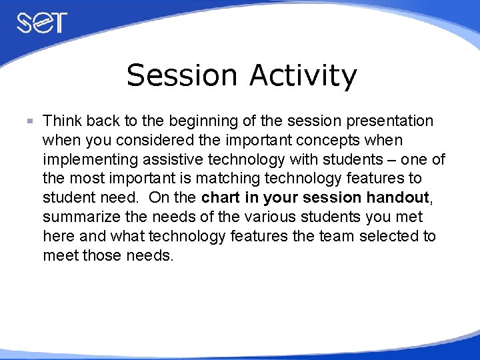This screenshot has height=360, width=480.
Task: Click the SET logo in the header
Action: [x=41, y=22]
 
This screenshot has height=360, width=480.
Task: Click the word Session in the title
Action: [x=182, y=75]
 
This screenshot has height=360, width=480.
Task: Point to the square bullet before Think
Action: [x=29, y=121]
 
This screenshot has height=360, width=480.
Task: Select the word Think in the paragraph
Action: [x=61, y=121]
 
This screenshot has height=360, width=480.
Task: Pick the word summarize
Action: [x=78, y=217]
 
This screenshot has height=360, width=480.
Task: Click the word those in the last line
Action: [x=102, y=255]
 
